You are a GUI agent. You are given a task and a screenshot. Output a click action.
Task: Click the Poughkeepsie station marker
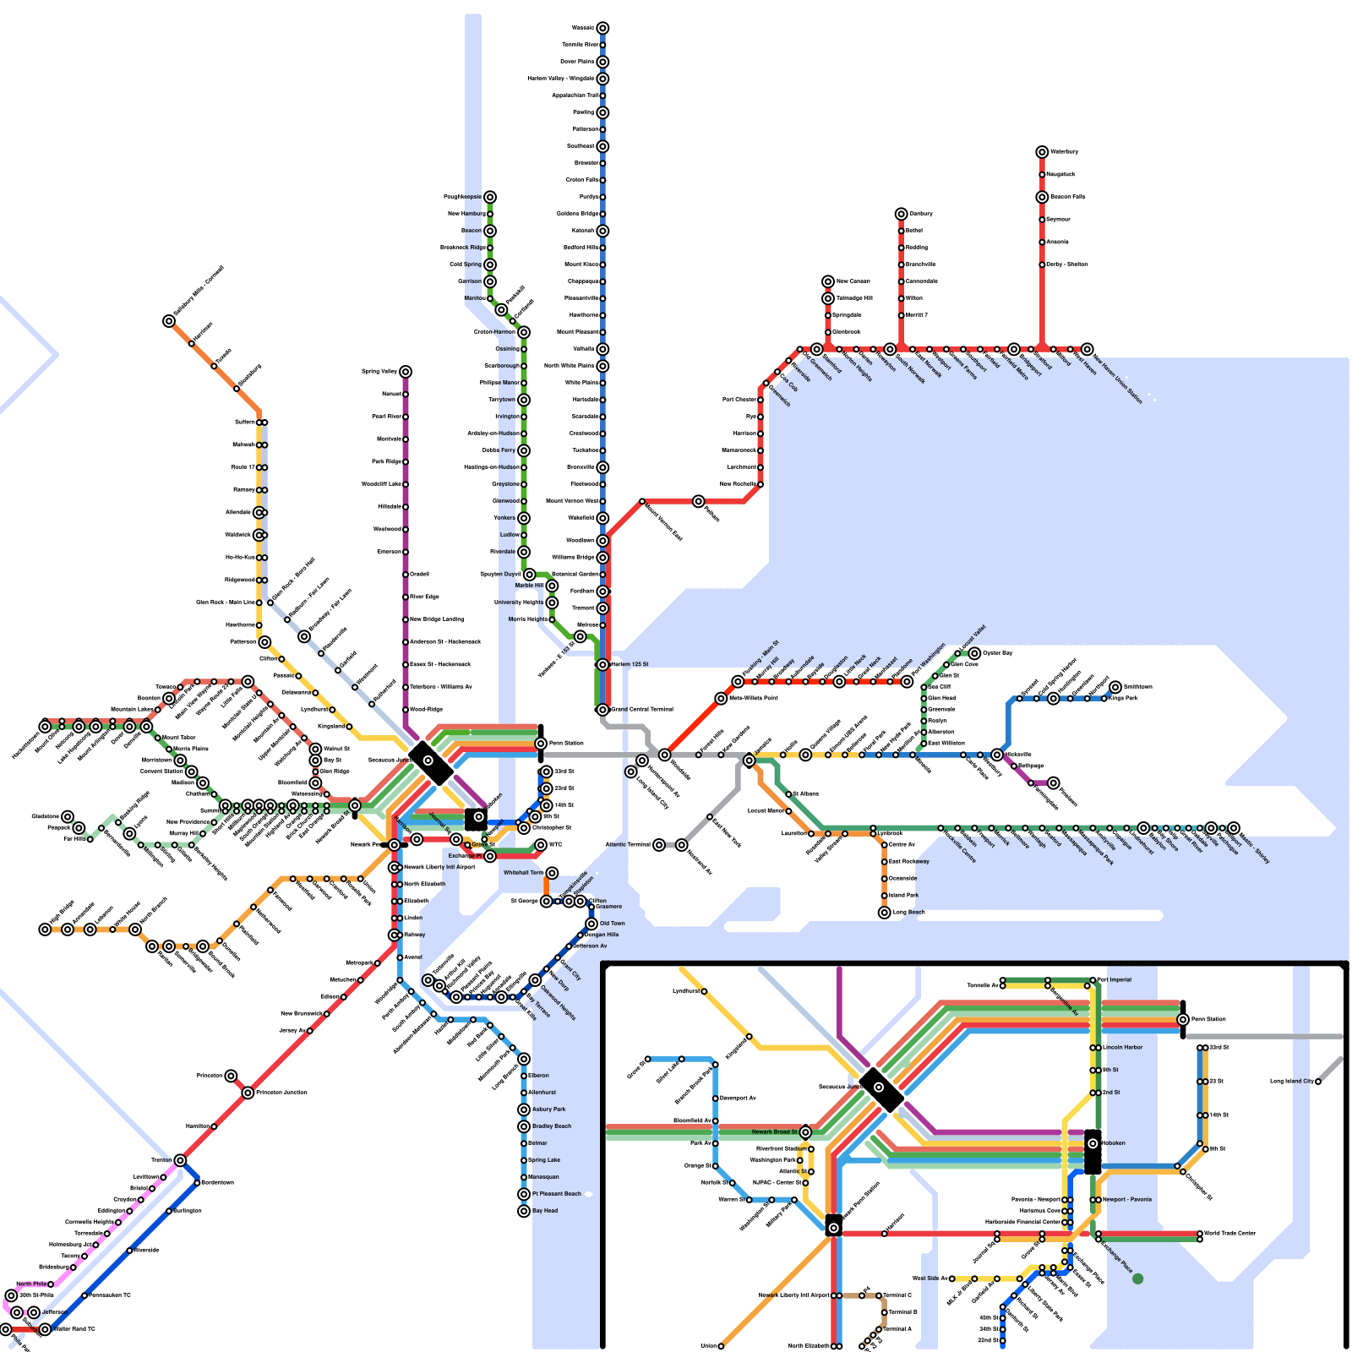[490, 197]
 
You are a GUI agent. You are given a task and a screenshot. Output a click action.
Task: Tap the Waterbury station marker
[1042, 152]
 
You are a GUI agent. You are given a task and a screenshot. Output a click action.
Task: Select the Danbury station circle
[902, 214]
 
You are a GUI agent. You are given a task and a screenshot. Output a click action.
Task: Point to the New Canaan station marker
[828, 281]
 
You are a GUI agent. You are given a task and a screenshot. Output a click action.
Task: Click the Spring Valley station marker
[406, 372]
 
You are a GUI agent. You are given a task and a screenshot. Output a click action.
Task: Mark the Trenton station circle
[180, 1160]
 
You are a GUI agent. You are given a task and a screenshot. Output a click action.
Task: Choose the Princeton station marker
[231, 1076]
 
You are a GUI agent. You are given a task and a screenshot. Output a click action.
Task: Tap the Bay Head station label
[545, 1211]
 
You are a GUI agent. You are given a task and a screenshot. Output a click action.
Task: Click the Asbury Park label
[549, 1109]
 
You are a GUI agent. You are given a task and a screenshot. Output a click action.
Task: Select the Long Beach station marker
[885, 913]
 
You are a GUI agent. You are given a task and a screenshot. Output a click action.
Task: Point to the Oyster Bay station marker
[974, 653]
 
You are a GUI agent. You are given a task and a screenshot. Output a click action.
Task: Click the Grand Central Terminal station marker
[602, 710]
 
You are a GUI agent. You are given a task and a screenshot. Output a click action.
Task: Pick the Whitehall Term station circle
[552, 873]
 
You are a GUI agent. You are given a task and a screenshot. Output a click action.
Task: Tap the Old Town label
[613, 924]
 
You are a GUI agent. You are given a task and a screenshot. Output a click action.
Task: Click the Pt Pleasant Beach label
[557, 1194]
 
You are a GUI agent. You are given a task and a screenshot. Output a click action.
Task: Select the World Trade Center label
[1229, 1234]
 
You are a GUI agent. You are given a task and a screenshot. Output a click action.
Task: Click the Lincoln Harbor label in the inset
[1122, 1048]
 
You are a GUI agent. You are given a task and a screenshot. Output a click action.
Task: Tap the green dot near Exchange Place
[1137, 1279]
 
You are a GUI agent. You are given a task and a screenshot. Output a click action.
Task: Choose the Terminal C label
[897, 1295]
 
